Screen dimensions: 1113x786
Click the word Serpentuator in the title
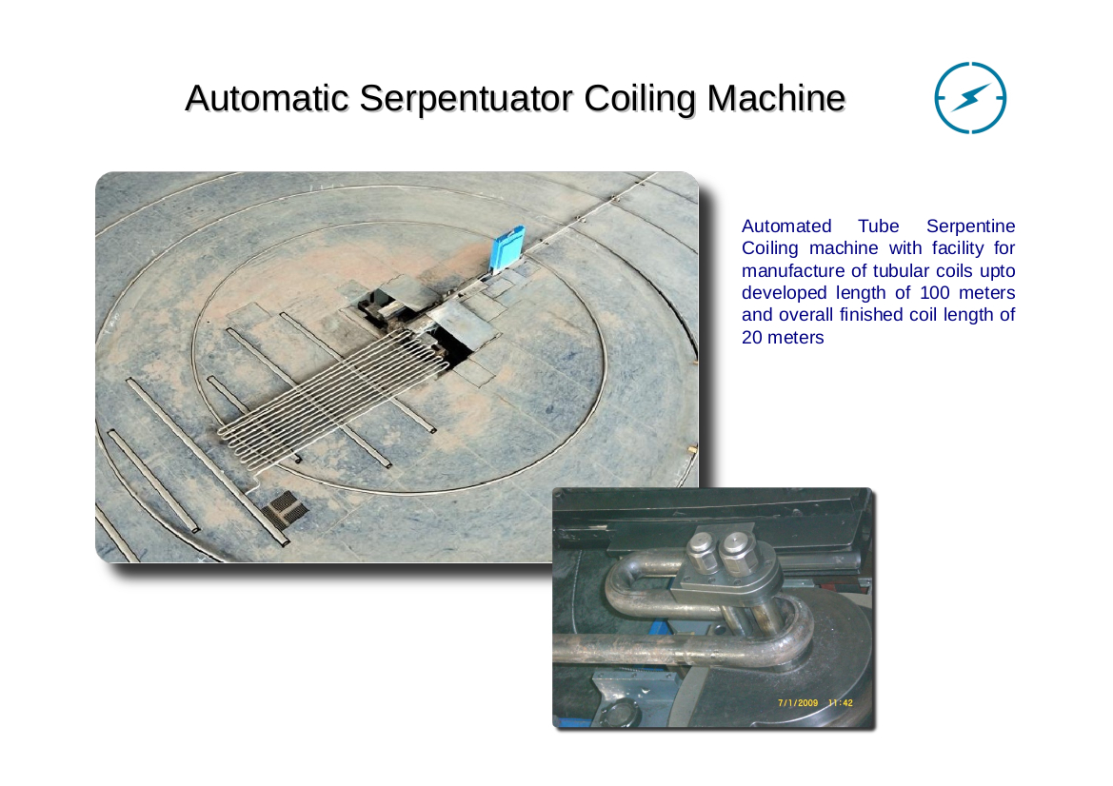(x=466, y=99)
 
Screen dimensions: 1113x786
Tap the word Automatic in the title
(x=267, y=98)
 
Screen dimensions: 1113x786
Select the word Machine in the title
(x=776, y=98)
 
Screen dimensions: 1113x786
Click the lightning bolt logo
(x=970, y=97)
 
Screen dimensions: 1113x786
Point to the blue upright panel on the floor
(x=507, y=248)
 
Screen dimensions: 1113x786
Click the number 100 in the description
(x=935, y=293)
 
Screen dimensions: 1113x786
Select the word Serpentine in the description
(x=970, y=227)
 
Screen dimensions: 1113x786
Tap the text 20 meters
(x=783, y=338)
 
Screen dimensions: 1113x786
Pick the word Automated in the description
(x=786, y=226)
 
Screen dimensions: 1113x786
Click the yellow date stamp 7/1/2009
(x=798, y=703)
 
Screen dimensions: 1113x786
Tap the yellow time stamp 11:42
(x=841, y=703)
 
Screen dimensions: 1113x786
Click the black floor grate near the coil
(x=284, y=509)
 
